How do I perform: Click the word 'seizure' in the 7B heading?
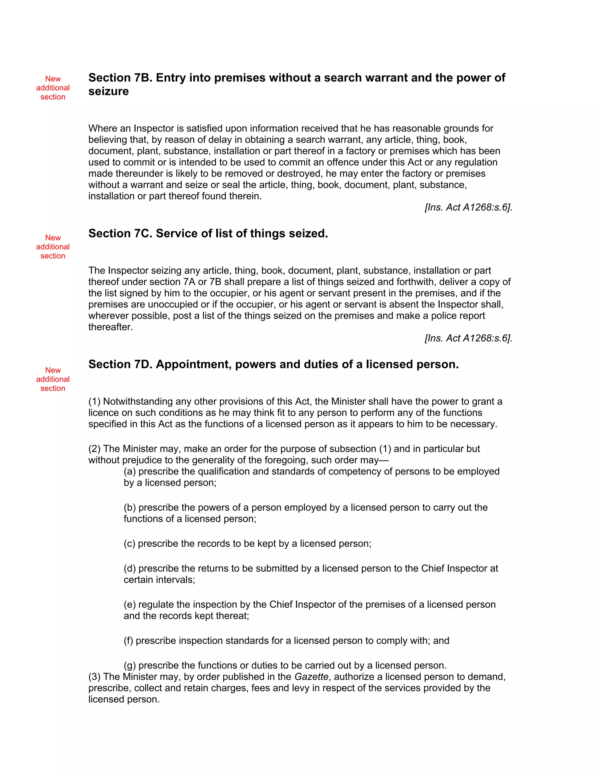pos(109,91)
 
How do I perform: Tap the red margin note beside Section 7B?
pos(53,88)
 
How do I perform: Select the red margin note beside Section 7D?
pos(53,379)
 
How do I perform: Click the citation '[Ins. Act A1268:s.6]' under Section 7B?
pos(468,207)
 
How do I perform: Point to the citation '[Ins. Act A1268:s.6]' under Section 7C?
pos(468,338)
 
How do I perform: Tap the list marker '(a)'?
pos(130,471)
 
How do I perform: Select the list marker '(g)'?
pos(130,665)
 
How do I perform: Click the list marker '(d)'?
pos(130,569)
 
